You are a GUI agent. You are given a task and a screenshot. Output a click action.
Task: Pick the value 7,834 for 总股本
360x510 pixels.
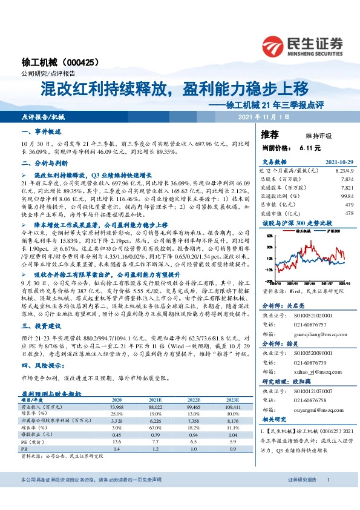346,180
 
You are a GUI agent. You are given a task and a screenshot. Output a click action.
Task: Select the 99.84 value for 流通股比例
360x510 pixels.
346,196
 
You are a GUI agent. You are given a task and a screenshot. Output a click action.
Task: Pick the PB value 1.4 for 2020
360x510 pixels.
100,432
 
